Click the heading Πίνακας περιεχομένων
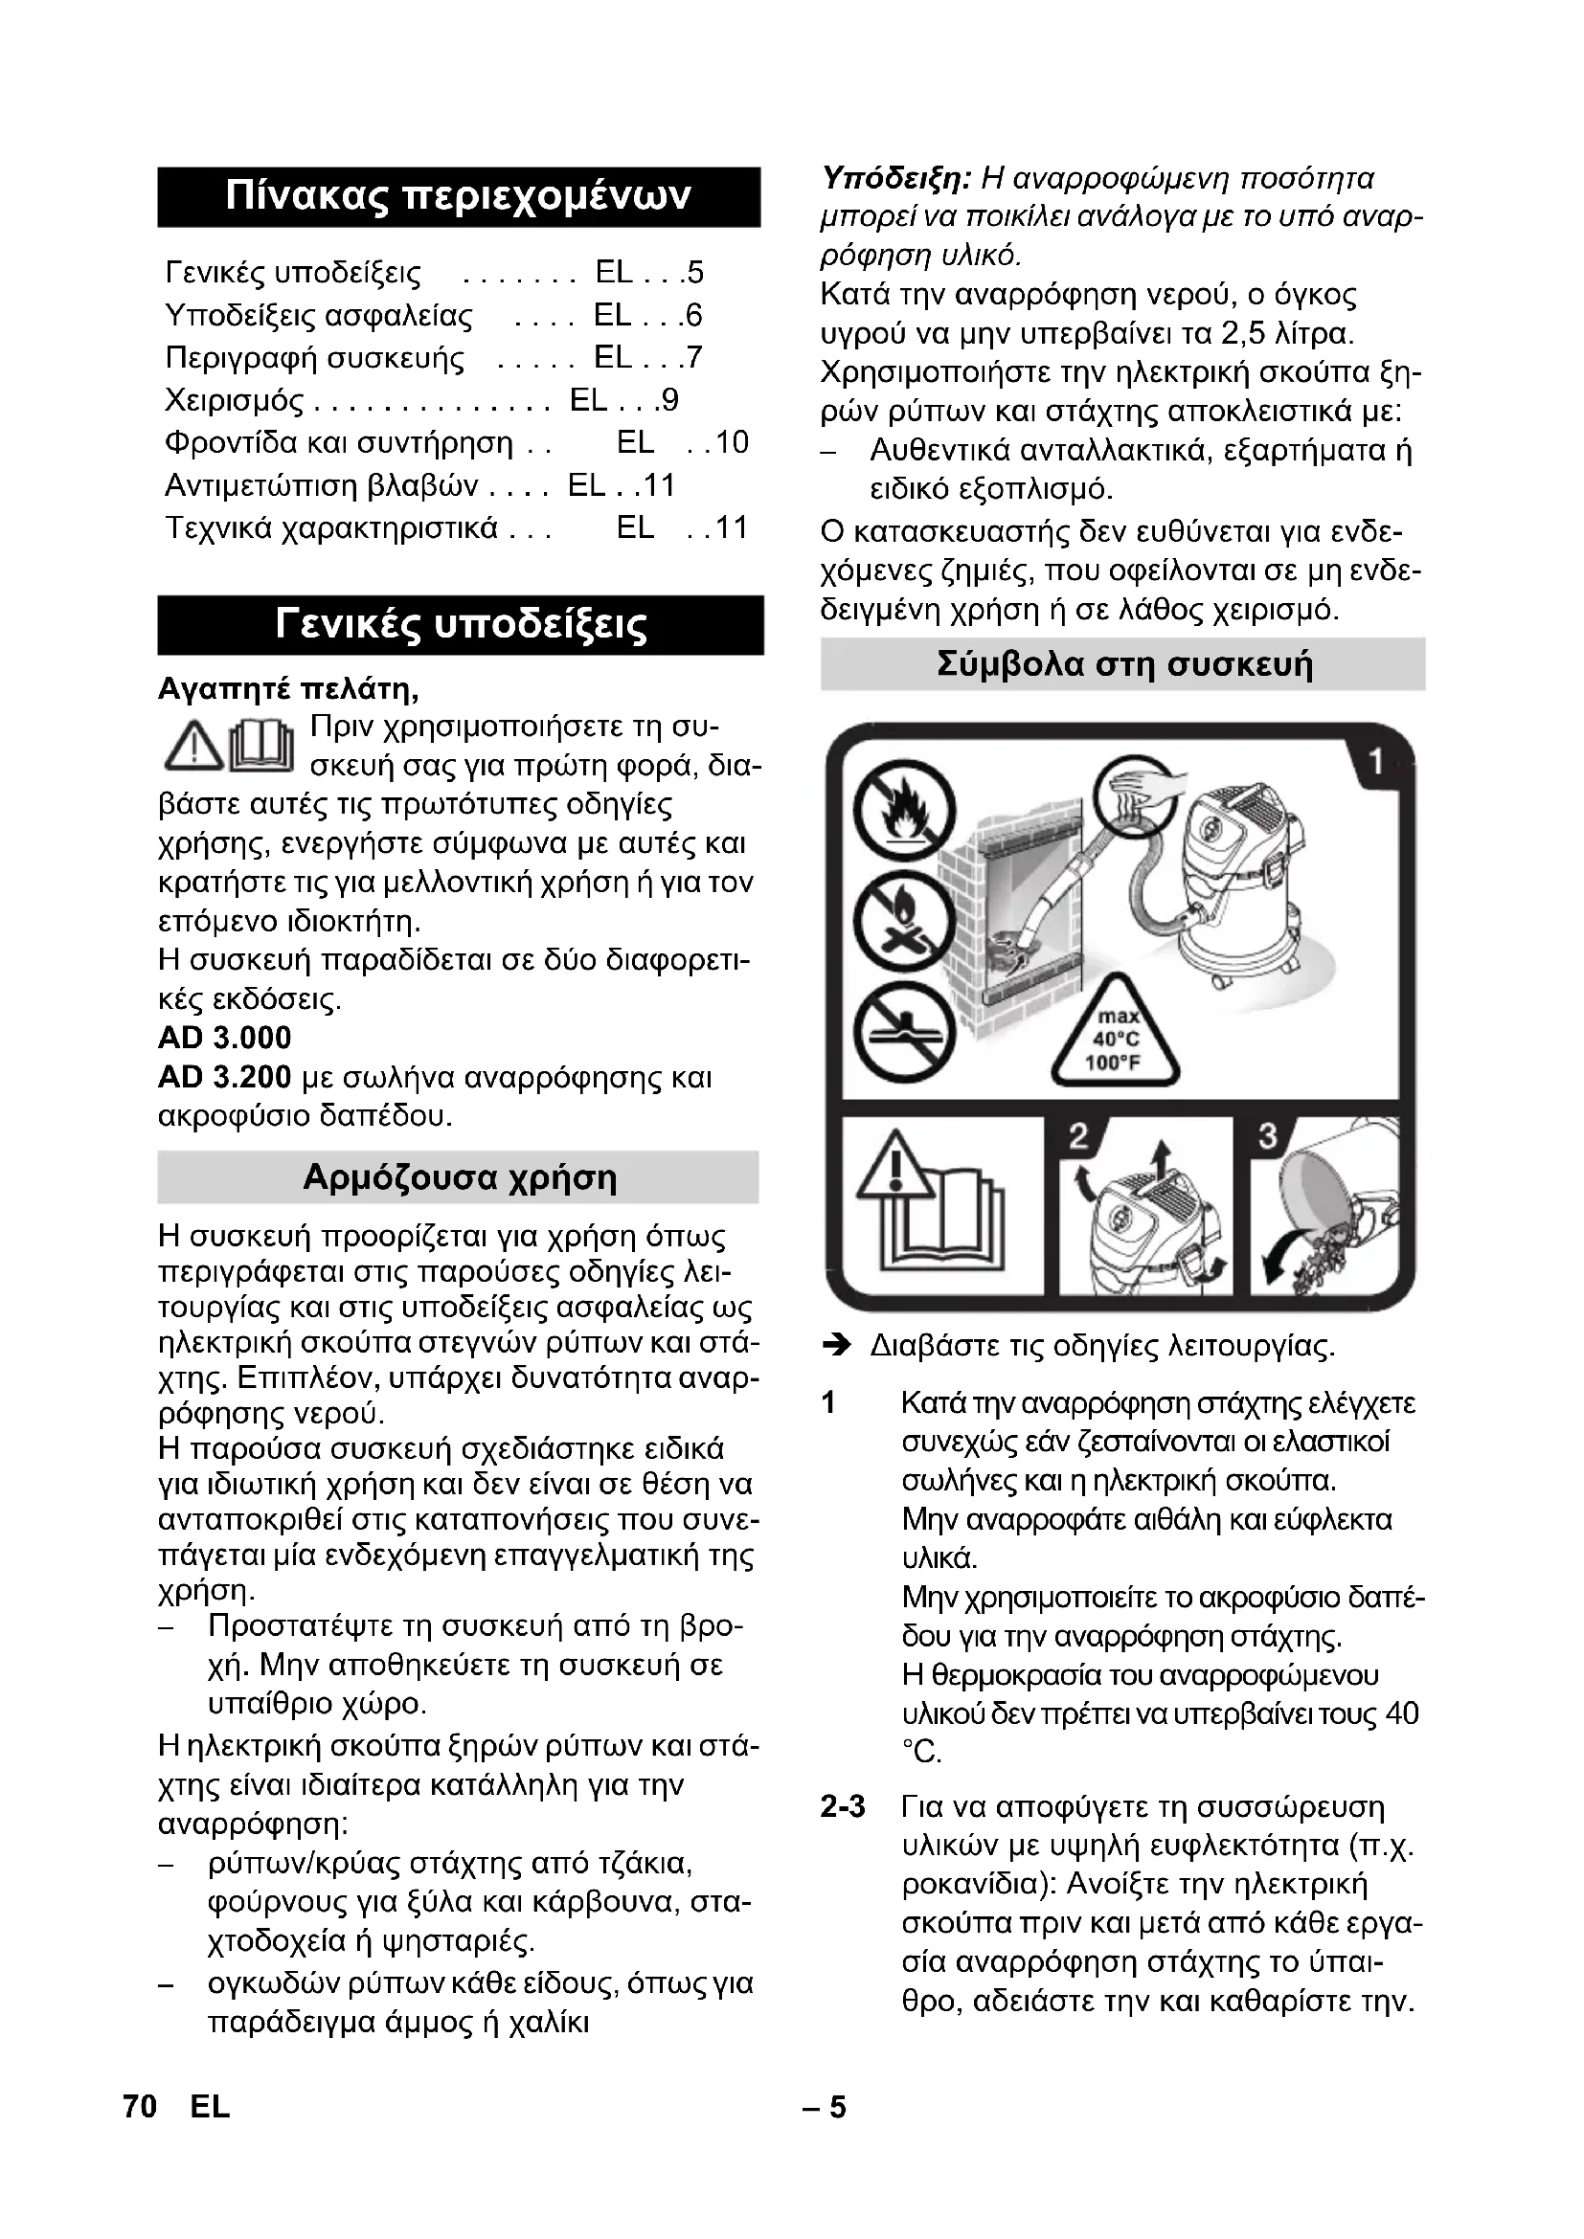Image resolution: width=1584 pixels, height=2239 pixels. click(x=459, y=196)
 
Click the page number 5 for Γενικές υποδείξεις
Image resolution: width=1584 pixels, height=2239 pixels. click(x=694, y=272)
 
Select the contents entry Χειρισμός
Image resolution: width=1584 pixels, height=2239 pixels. click(x=234, y=401)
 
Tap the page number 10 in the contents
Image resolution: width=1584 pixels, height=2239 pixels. click(x=731, y=443)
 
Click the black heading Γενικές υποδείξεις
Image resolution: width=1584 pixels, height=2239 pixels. click(x=461, y=624)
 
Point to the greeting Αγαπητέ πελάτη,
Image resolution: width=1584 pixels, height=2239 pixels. click(x=288, y=689)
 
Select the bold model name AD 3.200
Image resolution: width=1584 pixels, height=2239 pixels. click(x=224, y=1077)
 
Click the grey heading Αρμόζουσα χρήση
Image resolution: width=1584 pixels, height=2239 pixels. click(x=459, y=1177)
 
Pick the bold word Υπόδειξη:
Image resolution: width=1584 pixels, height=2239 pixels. click(x=895, y=178)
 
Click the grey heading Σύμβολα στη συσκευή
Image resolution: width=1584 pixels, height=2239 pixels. click(x=1123, y=664)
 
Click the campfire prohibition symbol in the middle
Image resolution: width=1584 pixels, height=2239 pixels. click(x=904, y=922)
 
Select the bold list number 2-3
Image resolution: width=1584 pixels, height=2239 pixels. click(x=843, y=1806)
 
